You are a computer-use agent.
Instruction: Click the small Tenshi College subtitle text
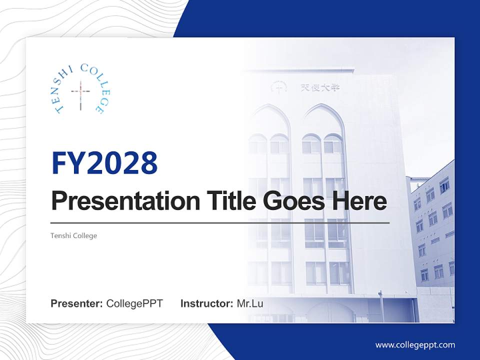pos(74,235)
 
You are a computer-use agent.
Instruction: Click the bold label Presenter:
pos(77,303)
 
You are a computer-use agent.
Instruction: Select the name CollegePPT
pos(134,303)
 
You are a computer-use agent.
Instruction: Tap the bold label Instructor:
pos(206,303)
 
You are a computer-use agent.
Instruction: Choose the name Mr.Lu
pos(250,303)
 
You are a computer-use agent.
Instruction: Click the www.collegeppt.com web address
pos(415,344)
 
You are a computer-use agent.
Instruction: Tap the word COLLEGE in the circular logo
pos(95,85)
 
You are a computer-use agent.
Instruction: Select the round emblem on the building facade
pos(278,86)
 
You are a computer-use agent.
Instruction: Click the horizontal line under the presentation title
pos(220,222)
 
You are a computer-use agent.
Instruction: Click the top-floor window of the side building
pos(444,184)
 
